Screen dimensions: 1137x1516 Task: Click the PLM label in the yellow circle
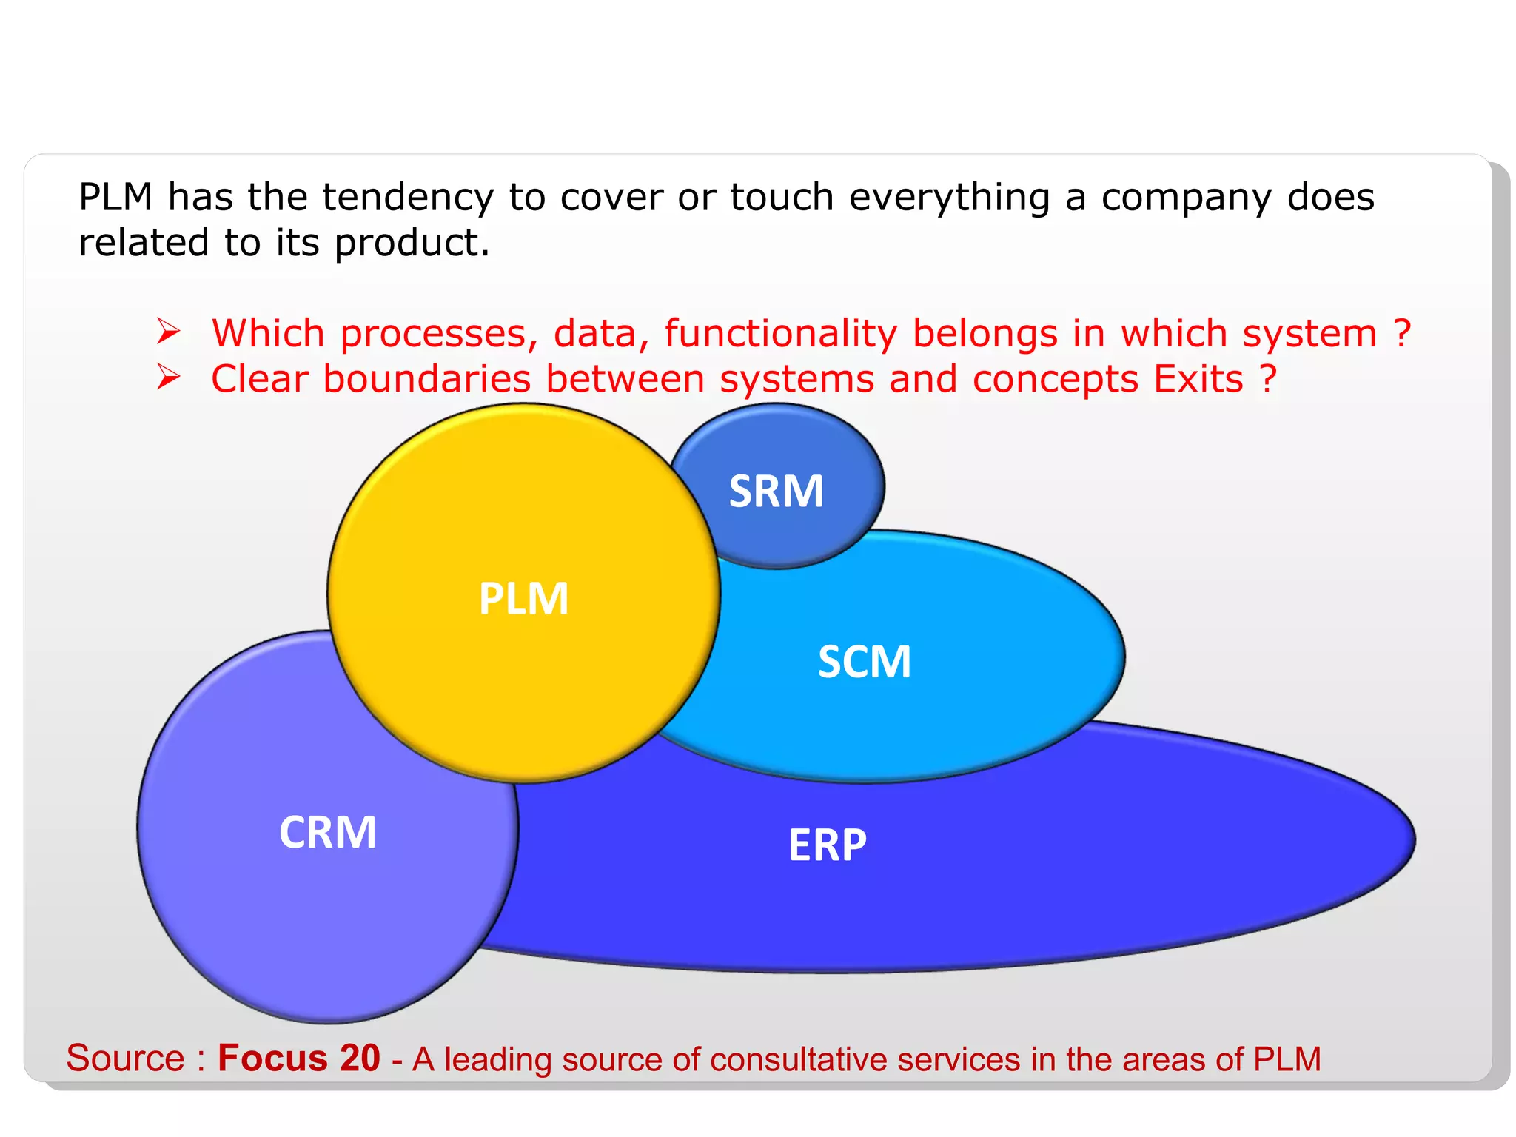(x=523, y=599)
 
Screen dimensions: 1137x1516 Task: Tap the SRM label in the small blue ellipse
(x=776, y=492)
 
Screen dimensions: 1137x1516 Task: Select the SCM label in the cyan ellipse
(x=864, y=662)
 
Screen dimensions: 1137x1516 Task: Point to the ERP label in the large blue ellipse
(x=827, y=845)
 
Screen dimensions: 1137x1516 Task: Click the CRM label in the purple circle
(x=327, y=833)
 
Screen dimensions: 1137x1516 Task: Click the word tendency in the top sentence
(x=407, y=198)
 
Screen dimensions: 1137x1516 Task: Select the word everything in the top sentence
(x=949, y=198)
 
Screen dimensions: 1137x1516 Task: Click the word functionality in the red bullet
(x=780, y=334)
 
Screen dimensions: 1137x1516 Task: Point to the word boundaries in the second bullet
(x=426, y=379)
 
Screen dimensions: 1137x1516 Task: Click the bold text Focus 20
(x=298, y=1059)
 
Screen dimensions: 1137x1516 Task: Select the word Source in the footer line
(x=125, y=1059)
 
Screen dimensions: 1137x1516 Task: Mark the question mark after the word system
(x=1401, y=334)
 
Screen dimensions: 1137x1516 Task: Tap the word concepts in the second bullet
(x=1055, y=380)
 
